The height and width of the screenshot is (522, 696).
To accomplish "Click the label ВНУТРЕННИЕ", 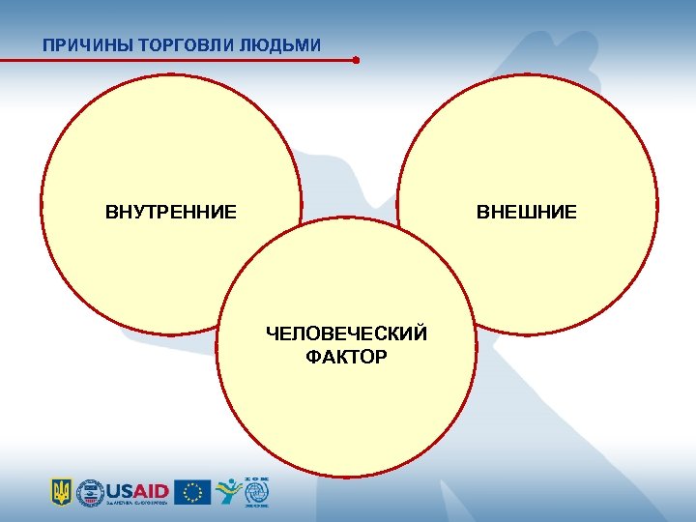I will click(171, 212).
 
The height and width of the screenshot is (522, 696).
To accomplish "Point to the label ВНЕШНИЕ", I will click(526, 212).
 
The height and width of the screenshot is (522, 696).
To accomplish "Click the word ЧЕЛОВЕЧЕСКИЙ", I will click(346, 334).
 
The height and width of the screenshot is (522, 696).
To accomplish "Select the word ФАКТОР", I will click(346, 358).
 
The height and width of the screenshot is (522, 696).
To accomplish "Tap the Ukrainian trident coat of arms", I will click(61, 491).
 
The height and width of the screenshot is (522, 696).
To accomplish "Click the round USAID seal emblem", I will click(90, 491).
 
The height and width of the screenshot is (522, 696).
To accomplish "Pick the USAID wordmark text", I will click(137, 489).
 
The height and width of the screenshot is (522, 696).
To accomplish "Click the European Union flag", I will click(192, 491).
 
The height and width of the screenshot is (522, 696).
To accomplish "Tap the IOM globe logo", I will click(256, 491).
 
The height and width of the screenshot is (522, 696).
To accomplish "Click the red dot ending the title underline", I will click(356, 60).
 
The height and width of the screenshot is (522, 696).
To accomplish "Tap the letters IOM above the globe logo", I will click(256, 478).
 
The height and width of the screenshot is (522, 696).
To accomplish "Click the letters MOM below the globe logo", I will click(256, 506).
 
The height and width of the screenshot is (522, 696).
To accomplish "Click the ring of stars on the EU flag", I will click(192, 491).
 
